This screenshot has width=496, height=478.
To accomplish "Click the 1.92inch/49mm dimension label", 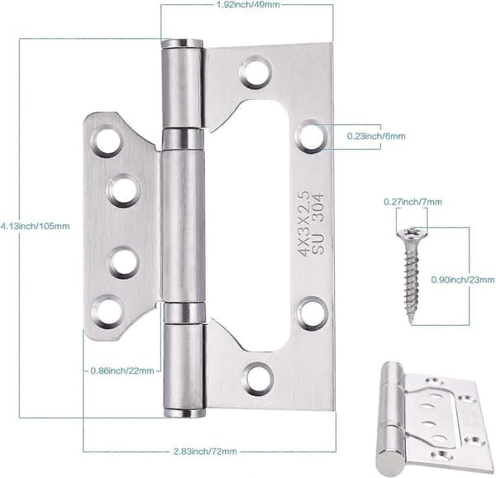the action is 248,5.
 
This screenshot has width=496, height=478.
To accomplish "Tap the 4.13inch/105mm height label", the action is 35,227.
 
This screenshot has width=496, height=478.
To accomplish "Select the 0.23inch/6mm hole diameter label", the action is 376,136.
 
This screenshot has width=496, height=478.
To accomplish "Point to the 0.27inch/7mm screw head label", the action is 413,202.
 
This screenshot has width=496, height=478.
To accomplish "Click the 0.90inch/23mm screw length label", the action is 463,280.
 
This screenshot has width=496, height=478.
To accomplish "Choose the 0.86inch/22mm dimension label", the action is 122,370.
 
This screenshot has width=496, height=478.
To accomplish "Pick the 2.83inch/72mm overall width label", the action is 205,451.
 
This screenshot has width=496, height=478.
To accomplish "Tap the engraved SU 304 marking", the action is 318,223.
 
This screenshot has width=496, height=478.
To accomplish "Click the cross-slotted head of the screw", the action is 412,232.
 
